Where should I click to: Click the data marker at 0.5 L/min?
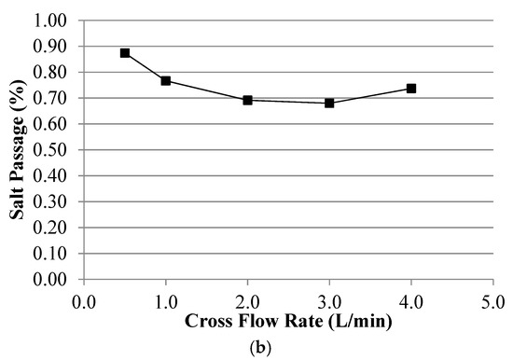(x=125, y=53)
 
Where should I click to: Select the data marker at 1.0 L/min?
(x=166, y=81)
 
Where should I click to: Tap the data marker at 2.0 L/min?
(x=248, y=100)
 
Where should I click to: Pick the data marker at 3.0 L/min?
(x=329, y=103)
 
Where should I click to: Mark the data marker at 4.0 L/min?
(x=411, y=89)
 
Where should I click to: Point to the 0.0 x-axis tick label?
(x=84, y=300)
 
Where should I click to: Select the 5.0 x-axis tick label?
(x=493, y=300)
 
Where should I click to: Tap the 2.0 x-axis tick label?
(x=248, y=300)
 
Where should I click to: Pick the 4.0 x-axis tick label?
(x=411, y=300)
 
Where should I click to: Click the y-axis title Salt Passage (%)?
(x=19, y=149)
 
